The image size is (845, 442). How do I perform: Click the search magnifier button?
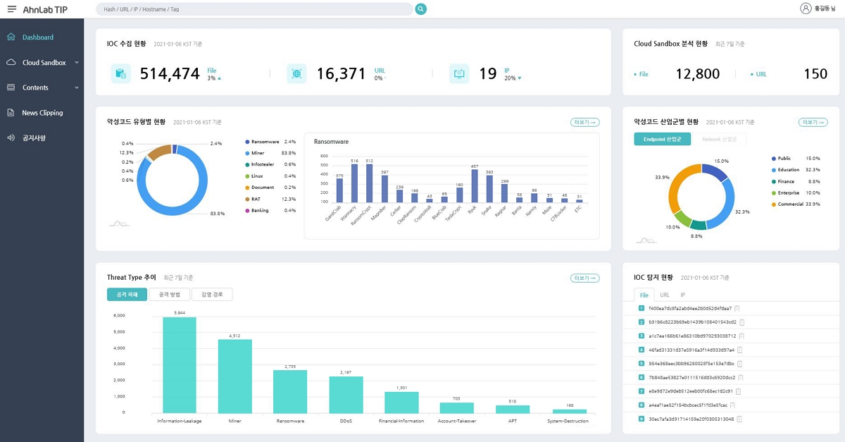[x=421, y=9]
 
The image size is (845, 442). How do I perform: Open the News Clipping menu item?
[x=42, y=113]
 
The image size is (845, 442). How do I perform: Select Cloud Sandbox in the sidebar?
[x=44, y=63]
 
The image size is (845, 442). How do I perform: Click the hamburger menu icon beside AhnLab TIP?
[x=11, y=8]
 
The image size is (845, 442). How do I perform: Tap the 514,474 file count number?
[x=170, y=73]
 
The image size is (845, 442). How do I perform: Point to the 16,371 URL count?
[x=341, y=73]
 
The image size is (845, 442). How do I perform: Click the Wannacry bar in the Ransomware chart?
[x=354, y=183]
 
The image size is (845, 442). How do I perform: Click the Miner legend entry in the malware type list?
[x=258, y=153]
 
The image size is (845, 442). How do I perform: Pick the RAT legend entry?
[x=256, y=199]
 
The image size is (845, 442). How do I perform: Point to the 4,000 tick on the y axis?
[x=119, y=348]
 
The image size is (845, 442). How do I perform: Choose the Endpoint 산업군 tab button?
[x=662, y=140]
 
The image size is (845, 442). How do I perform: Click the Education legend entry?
[x=788, y=170]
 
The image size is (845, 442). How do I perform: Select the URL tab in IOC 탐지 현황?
[x=665, y=295]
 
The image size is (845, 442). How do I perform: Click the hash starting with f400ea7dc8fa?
[x=685, y=308]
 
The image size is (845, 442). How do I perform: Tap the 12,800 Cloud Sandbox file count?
[x=697, y=74]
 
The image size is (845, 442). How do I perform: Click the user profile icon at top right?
[x=806, y=8]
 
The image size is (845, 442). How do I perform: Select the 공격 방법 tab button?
[x=169, y=295]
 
